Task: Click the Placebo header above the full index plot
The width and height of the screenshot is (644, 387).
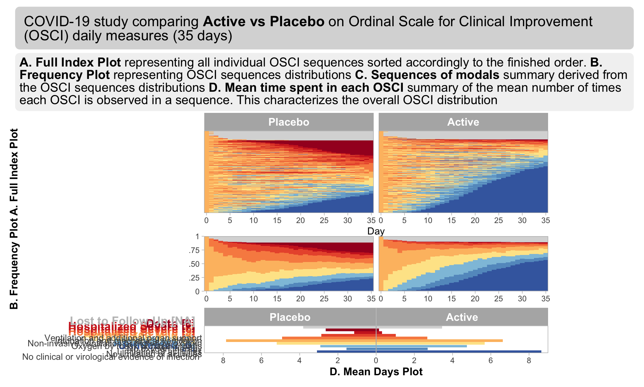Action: point(289,122)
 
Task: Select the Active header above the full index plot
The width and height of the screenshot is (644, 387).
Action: point(463,122)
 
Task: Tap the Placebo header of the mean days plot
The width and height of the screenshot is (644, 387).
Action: point(290,317)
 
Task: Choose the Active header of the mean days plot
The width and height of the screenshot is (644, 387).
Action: point(462,317)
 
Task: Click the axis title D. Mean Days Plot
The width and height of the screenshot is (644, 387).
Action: point(376,372)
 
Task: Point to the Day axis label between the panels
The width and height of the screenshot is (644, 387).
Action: point(376,231)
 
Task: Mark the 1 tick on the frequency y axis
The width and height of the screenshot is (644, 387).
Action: point(197,237)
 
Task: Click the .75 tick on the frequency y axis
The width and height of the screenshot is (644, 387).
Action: point(194,250)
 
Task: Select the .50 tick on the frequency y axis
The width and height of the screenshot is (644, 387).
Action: point(194,264)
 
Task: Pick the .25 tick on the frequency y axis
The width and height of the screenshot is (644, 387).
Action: point(194,278)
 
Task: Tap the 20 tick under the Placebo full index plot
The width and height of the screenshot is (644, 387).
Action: point(301,220)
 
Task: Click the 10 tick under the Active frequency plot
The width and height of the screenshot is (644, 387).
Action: point(428,299)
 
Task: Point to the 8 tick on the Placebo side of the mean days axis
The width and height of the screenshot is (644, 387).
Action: point(223,360)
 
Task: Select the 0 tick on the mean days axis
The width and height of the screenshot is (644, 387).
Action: point(376,360)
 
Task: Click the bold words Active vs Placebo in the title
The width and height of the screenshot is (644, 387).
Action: point(264,21)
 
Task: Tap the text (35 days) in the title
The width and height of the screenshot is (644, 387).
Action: point(203,36)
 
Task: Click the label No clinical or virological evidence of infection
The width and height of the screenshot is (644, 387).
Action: point(111,357)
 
